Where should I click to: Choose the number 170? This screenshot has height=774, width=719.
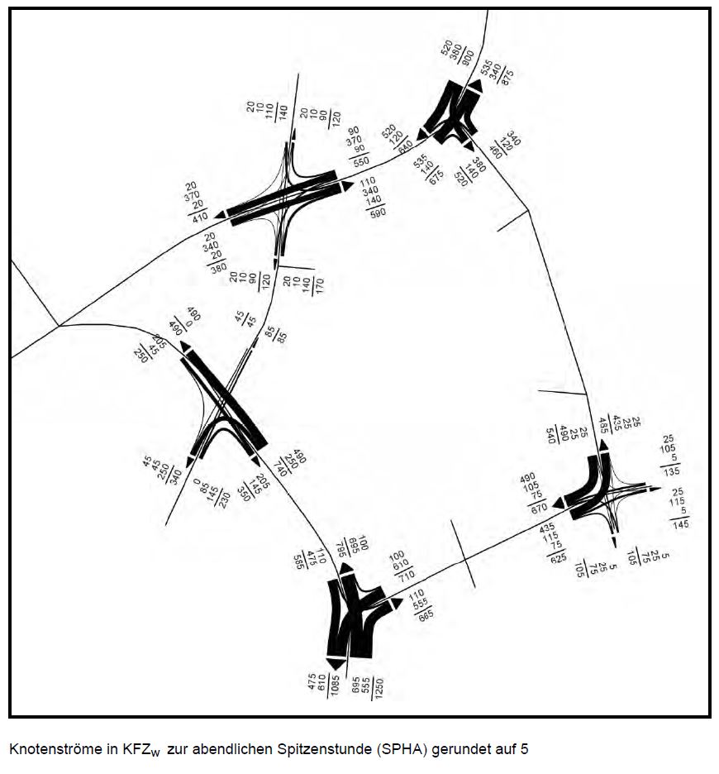(319, 286)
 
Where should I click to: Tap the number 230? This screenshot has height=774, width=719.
(225, 499)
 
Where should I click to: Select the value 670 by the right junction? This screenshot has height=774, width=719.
(540, 506)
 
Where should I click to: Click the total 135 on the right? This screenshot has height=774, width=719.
(672, 471)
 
